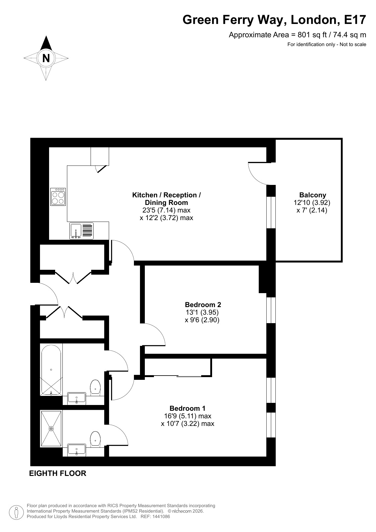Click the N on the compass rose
46,58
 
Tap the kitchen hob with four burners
58,197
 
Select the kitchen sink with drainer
82,231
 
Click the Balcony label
313,195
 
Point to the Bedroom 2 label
203,305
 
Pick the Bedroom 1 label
187,408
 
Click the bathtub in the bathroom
51,370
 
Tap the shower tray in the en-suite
51,429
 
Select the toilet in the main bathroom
95,387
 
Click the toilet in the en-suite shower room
95,439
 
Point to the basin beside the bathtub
77,398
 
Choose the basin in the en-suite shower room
77,450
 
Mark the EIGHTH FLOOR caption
58,473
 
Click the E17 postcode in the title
355,20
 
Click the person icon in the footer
17,512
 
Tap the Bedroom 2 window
271,310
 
